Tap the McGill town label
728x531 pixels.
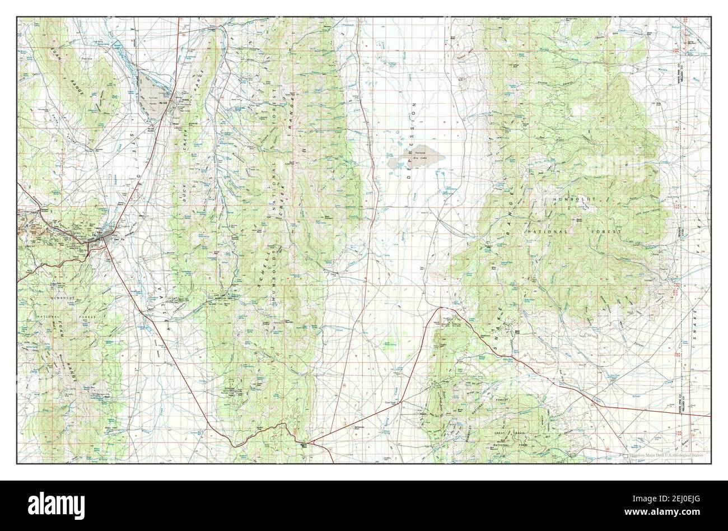point(148,103)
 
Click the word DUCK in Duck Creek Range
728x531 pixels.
point(183,193)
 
